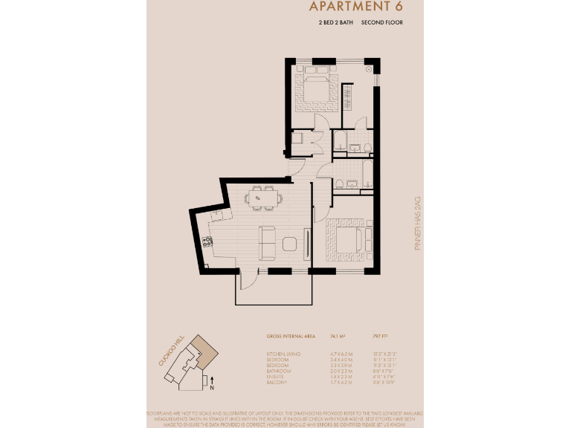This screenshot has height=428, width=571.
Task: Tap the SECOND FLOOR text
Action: (382, 24)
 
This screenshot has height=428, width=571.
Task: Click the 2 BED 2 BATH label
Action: (335, 24)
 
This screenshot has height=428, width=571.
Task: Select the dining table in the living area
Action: (262, 198)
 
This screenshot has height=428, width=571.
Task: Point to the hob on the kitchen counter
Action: (207, 241)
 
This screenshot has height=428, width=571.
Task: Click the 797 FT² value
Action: (379, 337)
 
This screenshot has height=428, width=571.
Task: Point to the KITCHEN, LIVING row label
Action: (283, 353)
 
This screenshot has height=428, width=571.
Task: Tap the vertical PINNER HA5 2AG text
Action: (418, 223)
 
